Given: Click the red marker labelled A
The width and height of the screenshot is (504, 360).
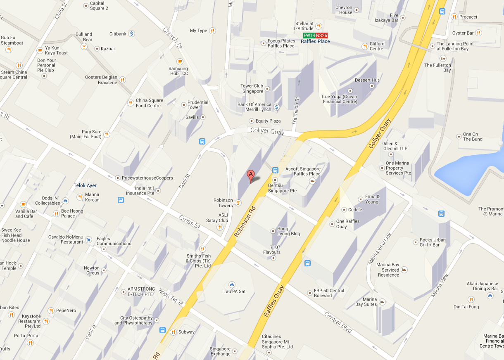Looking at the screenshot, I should point(250,175).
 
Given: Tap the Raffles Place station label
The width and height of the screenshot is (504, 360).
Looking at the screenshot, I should point(315,41).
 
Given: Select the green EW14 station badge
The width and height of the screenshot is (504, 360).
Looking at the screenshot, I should point(309,36).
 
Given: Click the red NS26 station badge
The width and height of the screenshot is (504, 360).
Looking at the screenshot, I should point(321,36).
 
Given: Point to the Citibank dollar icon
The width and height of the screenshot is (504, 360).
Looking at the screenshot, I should point(131,33).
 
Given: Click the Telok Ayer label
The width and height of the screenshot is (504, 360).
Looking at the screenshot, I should point(85,186).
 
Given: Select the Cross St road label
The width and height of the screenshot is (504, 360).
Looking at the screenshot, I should point(189,222).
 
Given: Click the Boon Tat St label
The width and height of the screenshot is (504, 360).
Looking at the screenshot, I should point(171,297).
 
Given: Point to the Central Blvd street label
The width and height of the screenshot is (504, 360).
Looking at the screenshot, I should point(338,322).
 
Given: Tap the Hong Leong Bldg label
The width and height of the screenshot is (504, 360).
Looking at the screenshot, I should point(288,231).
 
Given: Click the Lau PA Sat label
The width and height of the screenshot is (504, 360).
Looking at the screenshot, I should point(234,291).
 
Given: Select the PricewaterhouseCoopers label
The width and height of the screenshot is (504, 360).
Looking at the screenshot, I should point(147,178).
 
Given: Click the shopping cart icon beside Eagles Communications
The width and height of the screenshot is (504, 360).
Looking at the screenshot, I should point(88,239).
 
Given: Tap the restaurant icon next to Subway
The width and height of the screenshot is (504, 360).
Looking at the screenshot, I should point(174,332).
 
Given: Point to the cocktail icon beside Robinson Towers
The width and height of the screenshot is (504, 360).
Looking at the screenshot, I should point(238,203).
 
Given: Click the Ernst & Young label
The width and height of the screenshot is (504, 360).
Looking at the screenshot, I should point(371,199).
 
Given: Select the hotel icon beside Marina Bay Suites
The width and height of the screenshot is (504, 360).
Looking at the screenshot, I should point(382,302).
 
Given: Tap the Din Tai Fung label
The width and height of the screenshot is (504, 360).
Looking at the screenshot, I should point(466,307).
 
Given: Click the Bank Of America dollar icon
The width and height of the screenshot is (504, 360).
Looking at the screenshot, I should point(277,107).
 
